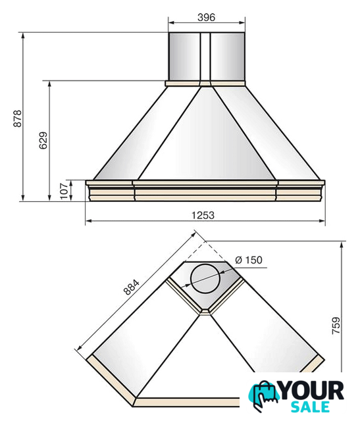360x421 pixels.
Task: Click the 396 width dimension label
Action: (x=207, y=17)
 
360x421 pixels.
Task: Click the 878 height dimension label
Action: (x=18, y=118)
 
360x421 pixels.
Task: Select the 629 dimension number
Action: (x=43, y=140)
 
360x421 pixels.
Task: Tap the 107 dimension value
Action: (x=64, y=191)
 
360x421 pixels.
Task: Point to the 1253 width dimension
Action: (x=203, y=215)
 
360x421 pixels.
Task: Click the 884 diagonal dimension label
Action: (x=132, y=287)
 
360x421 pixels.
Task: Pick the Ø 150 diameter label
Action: (x=249, y=260)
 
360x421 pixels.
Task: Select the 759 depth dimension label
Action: (x=336, y=326)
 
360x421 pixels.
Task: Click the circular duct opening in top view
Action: (x=205, y=279)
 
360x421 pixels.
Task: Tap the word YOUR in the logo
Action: (x=312, y=391)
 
